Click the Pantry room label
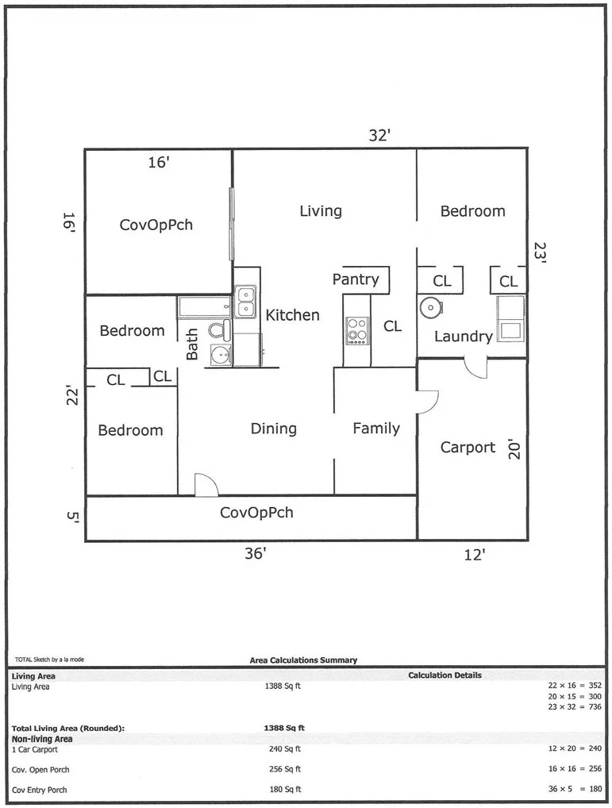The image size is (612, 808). tap(356, 279)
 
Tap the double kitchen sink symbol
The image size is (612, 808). tap(246, 302)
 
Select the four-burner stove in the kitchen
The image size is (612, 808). tap(357, 330)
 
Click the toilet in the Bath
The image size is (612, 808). tap(220, 329)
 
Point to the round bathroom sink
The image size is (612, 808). tap(221, 355)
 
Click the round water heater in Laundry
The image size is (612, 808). tap(429, 308)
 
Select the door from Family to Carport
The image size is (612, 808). tap(428, 402)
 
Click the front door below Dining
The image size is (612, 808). tap(206, 486)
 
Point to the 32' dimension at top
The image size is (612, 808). tap(379, 135)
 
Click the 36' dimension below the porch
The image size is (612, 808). tap(256, 553)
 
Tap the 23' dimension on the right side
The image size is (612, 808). tap(539, 252)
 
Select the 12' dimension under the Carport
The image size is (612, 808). tap(474, 555)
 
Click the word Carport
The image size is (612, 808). tap(468, 448)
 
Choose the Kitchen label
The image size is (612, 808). tap(293, 315)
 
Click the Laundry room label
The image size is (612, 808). tap(464, 337)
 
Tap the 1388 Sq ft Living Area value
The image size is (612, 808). tap(283, 687)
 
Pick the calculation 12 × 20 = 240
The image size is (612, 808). tap(575, 748)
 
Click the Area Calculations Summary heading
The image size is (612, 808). tap(303, 660)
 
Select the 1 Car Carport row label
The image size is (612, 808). tap(35, 749)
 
